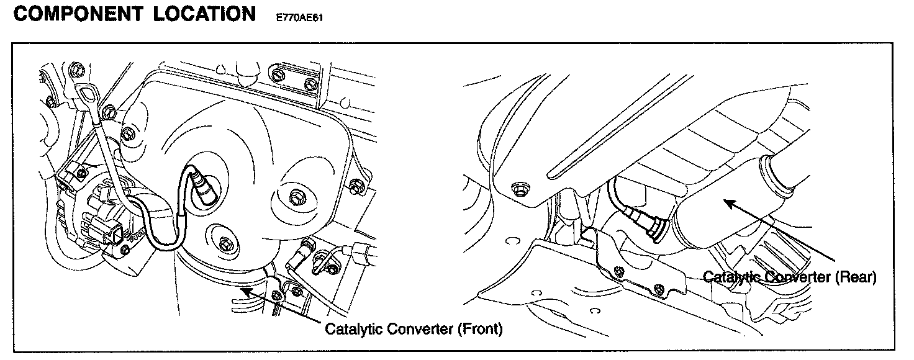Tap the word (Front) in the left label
[x=479, y=328]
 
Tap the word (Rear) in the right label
[x=856, y=277]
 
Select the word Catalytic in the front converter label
[x=354, y=328]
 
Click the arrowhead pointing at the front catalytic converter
[x=244, y=289]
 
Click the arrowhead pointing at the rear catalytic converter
[x=726, y=201]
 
